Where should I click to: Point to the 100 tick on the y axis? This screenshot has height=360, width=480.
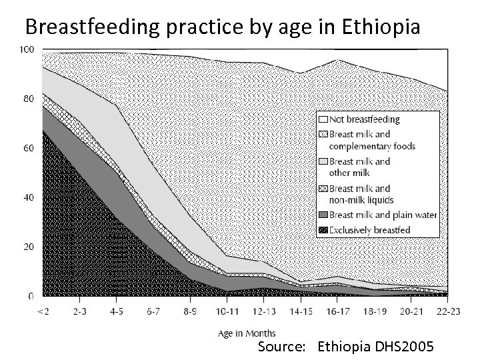click(x=27, y=50)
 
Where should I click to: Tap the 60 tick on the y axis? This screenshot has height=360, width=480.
click(x=29, y=148)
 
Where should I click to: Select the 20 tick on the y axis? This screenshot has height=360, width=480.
click(x=29, y=247)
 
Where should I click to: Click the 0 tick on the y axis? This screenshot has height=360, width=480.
click(x=31, y=296)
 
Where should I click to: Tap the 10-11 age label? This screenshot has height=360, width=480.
click(x=227, y=311)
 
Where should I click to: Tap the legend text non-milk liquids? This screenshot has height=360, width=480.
click(x=361, y=199)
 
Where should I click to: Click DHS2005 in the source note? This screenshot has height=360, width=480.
click(x=407, y=347)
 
